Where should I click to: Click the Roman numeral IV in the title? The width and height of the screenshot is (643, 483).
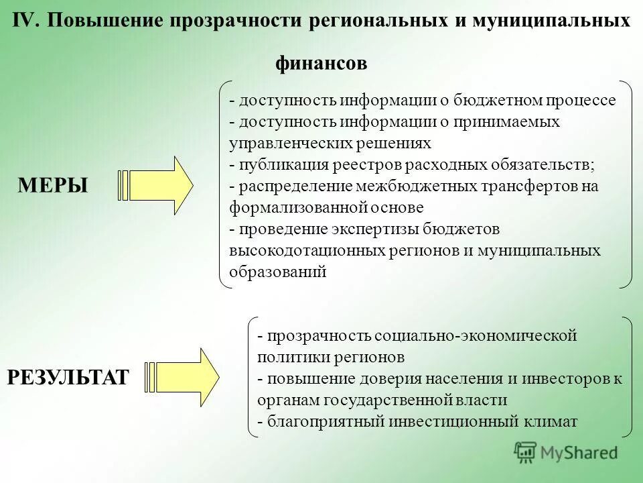pos(27,20)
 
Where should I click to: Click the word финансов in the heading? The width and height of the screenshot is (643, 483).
pos(321,64)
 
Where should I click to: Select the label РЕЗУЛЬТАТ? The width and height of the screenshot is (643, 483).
pos(68,378)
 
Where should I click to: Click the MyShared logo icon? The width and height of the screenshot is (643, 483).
pos(526,452)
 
